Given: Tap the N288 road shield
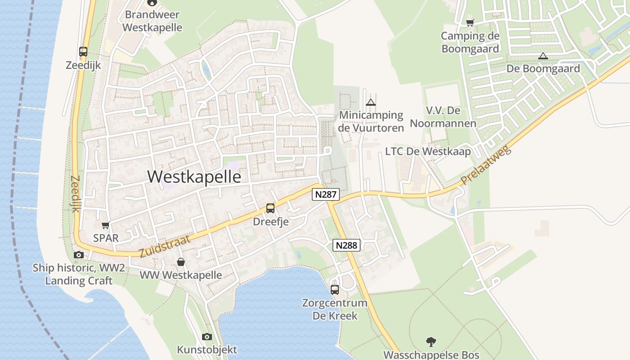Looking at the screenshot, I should coord(346,245).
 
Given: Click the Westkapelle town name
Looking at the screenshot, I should coord(194,176).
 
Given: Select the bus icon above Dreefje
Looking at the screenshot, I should coord(270,208).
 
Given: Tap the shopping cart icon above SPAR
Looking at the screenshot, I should coord(105,225).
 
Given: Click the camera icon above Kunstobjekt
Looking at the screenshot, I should coord(207,337).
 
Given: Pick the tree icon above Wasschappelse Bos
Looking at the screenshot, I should coord(431,342).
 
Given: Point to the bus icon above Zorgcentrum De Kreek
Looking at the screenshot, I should coord(335,289).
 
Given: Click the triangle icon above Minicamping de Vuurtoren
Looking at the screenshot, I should coord(371,102).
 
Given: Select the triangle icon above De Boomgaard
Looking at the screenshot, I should coord(543,56).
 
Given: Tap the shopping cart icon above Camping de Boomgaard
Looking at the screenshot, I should coord(470,22).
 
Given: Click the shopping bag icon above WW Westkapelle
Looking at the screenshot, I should coord(180,262).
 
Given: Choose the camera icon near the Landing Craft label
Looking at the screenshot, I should coord(79,255).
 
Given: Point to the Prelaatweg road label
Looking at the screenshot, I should coord(486,166).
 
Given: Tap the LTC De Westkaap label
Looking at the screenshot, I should coord(428,151).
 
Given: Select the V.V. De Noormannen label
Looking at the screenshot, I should coord(443,117).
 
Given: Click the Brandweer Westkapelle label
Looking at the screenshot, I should coord(152,21).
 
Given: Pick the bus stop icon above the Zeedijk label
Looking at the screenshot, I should coord(83,51).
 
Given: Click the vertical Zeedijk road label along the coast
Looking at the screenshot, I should coord(75,194).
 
